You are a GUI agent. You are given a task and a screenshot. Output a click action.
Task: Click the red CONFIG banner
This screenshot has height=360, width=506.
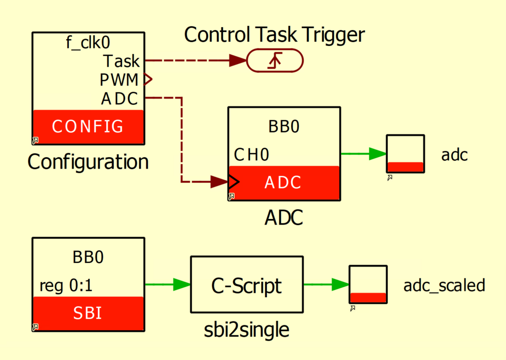(88, 127)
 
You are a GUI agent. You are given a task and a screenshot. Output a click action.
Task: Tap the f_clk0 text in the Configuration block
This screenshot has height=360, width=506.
(88, 43)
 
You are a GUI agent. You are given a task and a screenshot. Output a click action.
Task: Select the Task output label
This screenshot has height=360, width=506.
(121, 61)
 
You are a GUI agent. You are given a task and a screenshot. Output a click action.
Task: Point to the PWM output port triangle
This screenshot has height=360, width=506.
(147, 79)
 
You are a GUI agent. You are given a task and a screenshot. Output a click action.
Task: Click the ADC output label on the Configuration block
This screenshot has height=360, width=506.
(119, 99)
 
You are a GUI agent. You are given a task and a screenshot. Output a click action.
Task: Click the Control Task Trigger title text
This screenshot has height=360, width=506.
(274, 35)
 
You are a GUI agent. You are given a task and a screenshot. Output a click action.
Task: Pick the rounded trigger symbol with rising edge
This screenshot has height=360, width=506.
(275, 61)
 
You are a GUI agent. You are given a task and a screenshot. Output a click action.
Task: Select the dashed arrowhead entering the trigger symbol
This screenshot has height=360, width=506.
(238, 61)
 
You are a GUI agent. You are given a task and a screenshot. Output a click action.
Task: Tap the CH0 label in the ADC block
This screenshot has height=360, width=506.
(252, 155)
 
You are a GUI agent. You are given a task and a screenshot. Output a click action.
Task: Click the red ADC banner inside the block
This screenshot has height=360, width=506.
(283, 182)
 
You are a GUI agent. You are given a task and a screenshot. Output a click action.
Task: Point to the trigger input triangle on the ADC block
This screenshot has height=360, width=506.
(233, 181)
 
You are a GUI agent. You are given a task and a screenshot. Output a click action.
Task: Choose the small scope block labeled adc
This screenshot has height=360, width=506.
(405, 153)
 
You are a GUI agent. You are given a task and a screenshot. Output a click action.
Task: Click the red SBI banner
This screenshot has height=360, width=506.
(88, 313)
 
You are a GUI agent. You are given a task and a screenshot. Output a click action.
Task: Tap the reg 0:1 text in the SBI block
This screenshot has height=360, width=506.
(66, 286)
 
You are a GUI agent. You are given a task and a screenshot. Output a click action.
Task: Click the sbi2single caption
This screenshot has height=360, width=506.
(247, 330)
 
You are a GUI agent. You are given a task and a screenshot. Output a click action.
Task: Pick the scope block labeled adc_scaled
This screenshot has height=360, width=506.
(368, 284)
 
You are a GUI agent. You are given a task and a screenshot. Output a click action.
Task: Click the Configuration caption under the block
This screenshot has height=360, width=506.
(88, 162)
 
